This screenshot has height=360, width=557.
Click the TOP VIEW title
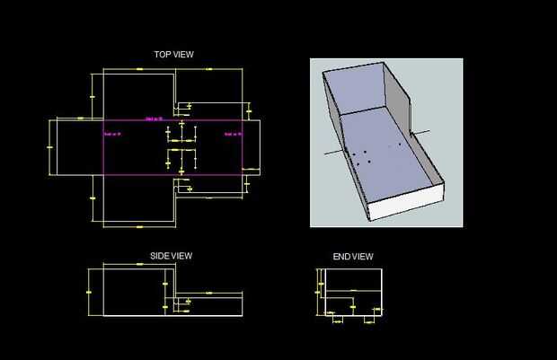[173, 55]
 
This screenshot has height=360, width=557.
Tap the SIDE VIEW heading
[171, 256]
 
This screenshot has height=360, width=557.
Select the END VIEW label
[353, 257]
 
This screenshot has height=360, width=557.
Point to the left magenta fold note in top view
[112, 134]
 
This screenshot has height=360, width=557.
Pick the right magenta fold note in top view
[233, 134]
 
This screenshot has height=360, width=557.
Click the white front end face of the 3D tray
[409, 203]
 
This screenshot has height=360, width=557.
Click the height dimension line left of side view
[88, 292]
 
